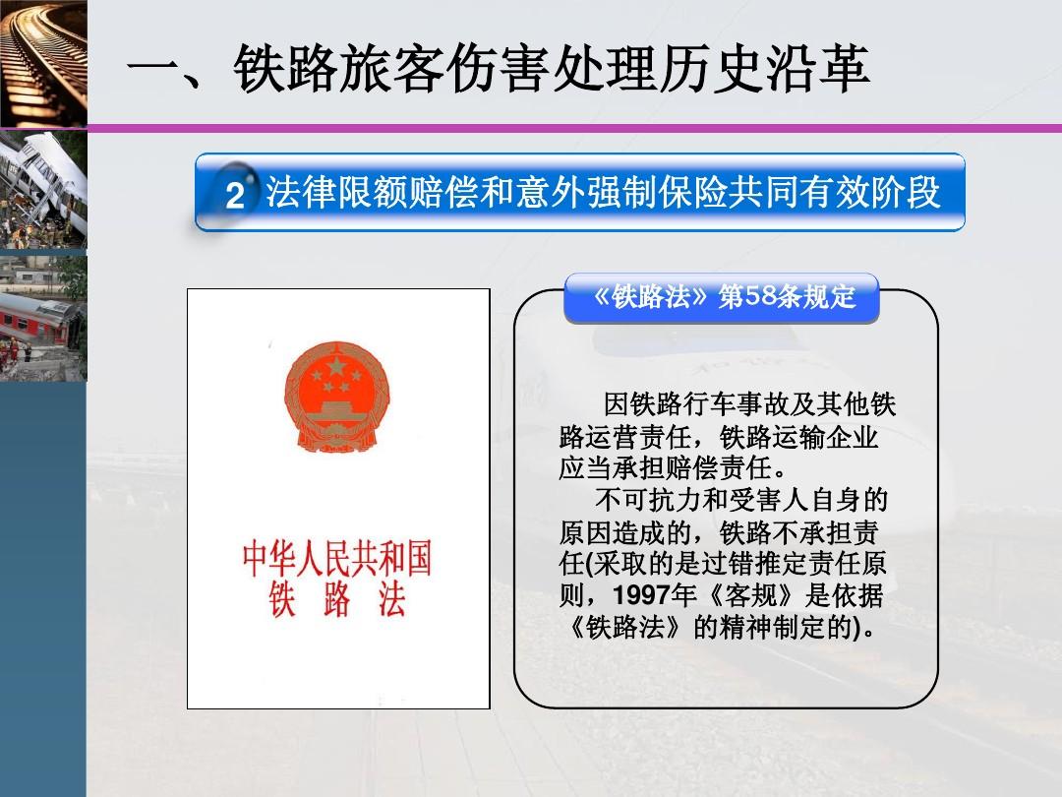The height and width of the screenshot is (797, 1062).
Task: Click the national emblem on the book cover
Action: pyautogui.click(x=336, y=397)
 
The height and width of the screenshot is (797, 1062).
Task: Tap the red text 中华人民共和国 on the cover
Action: pyautogui.click(x=336, y=559)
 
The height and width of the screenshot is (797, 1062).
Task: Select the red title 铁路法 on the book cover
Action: pyautogui.click(x=336, y=599)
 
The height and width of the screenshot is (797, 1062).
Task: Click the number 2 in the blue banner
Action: pyautogui.click(x=235, y=196)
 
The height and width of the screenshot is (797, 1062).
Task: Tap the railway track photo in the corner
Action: pyautogui.click(x=43, y=63)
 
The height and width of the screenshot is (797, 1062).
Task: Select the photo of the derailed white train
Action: pyautogui.click(x=43, y=191)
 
